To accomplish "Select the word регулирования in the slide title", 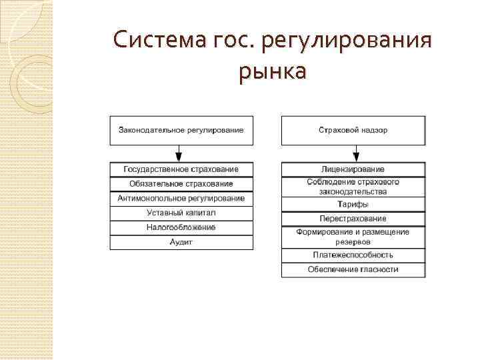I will (347, 41).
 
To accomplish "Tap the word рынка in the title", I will (273, 71).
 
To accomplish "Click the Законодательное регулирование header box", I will (181, 130).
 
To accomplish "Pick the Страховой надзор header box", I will (353, 130).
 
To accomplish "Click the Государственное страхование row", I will (181, 169).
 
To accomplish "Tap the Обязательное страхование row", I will (181, 184).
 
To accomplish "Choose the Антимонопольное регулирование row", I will (181, 199).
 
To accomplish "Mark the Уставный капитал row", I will (181, 213).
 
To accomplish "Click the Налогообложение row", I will (181, 228).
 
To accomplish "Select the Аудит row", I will (181, 243).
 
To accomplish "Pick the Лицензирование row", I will (353, 169).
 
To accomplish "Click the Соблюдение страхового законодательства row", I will (353, 187).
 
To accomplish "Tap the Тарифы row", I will (353, 205).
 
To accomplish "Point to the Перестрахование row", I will (353, 219).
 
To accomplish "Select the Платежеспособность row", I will (353, 255).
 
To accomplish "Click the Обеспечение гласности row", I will (353, 270).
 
